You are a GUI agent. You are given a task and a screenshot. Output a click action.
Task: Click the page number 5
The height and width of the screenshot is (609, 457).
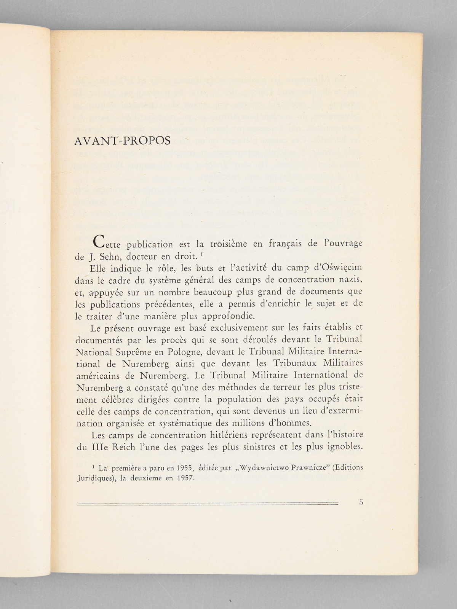tap(361, 502)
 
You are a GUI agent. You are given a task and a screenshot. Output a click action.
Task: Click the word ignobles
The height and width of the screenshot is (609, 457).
tap(343, 447)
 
